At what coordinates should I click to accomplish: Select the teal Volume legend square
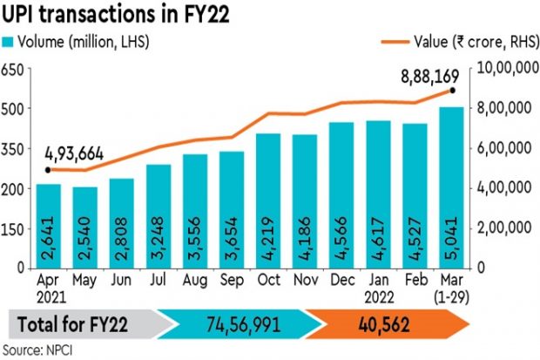pos(8,40)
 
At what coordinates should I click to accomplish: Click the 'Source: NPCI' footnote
pos(38,349)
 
